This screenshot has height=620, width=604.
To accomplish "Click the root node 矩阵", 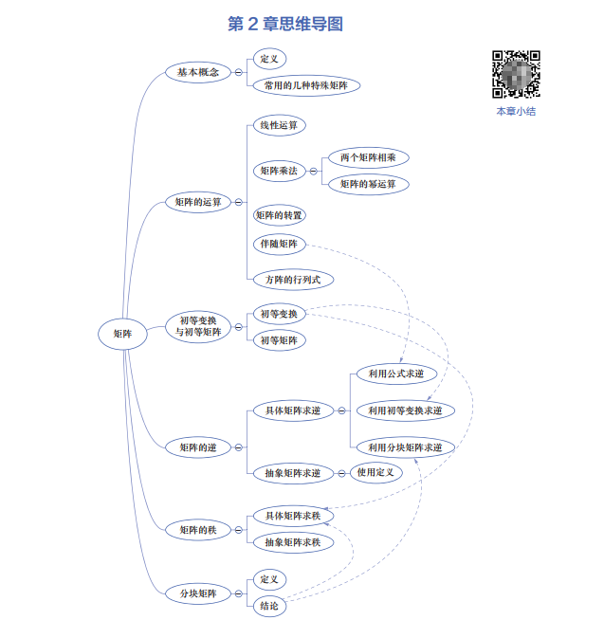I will click(x=123, y=333).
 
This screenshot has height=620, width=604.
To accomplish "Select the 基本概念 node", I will click(x=198, y=72).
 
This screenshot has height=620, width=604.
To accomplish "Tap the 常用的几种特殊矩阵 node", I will click(x=306, y=85).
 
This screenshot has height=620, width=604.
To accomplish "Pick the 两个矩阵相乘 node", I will click(x=368, y=157).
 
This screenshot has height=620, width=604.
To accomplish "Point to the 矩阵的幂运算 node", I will click(x=368, y=184).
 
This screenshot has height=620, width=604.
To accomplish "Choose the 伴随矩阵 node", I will click(x=279, y=245).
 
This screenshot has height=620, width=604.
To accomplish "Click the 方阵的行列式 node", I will click(x=293, y=279).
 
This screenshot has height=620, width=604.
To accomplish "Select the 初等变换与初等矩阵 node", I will click(x=198, y=326).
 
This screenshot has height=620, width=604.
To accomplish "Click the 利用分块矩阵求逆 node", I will click(x=405, y=447).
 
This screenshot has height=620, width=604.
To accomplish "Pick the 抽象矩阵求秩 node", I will click(x=293, y=542).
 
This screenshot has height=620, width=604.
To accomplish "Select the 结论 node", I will click(x=269, y=605).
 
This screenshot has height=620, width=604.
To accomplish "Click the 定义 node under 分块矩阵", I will click(x=269, y=579).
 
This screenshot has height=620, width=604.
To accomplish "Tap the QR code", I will click(x=516, y=74).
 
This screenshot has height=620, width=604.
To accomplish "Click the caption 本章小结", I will click(x=516, y=111).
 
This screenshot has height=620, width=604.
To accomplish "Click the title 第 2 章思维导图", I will click(x=285, y=24).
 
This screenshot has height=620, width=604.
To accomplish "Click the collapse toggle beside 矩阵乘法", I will click(x=314, y=171).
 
